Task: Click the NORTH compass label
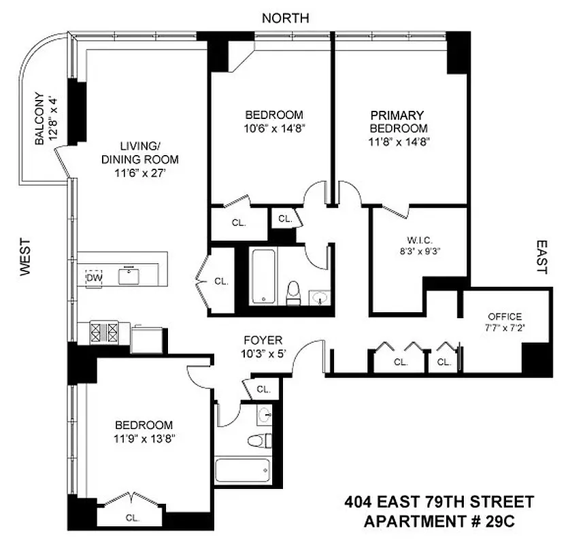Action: click(x=286, y=18)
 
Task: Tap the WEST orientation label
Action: click(x=26, y=256)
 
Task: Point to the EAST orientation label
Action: click(x=541, y=256)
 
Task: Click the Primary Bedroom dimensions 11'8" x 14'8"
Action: click(x=399, y=141)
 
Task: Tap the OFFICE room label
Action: click(x=505, y=316)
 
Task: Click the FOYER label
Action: click(x=263, y=340)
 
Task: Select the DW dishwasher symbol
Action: click(x=93, y=277)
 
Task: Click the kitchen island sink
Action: click(x=129, y=275)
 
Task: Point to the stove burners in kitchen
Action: click(x=104, y=332)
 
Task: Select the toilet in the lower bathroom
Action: click(x=258, y=441)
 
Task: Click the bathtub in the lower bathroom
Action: click(x=242, y=471)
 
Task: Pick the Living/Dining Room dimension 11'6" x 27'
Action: click(x=140, y=173)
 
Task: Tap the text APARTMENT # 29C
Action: click(x=448, y=522)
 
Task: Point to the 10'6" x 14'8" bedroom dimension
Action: click(x=274, y=128)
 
